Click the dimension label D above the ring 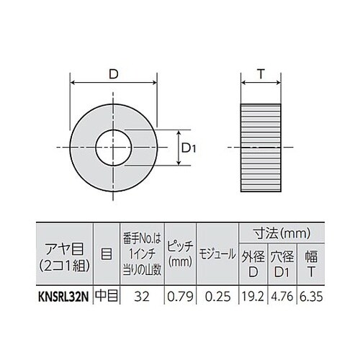(x=113, y=74)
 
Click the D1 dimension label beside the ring (x=189, y=148)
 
